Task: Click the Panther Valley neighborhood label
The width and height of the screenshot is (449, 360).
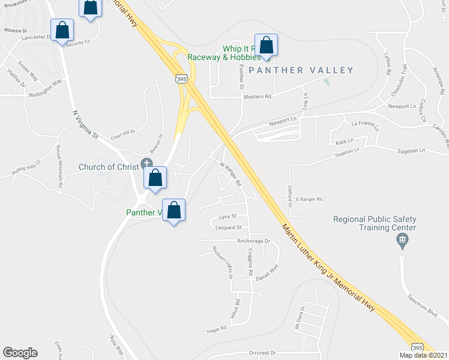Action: (301, 70)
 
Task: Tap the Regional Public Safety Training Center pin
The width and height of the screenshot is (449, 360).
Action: (403, 242)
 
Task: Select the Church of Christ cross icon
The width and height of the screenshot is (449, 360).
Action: (146, 163)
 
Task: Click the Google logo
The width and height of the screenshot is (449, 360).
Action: (20, 353)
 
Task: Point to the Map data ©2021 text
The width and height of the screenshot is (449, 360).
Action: (423, 355)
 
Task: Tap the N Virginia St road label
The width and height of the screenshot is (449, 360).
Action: (85, 124)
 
